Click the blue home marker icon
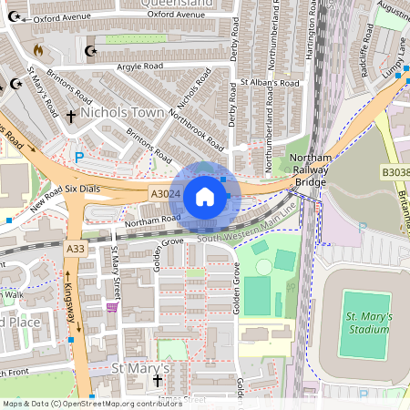click(x=205, y=196)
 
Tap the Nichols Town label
click(x=122, y=113)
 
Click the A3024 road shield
click(x=164, y=193)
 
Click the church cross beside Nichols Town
click(x=70, y=117)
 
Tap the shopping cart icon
click(x=112, y=307)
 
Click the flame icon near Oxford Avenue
click(x=37, y=48)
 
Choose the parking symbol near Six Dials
click(x=78, y=157)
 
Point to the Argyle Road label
click(x=145, y=66)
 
